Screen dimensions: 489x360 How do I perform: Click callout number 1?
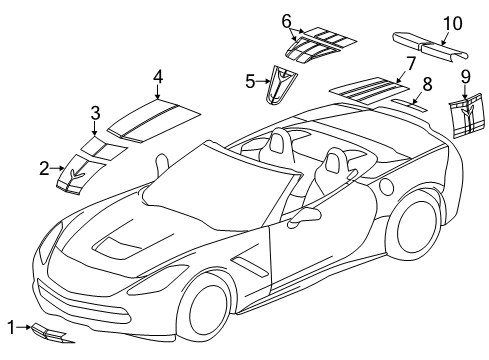click(x=10, y=326)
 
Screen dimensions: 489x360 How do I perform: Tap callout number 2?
click(x=44, y=168)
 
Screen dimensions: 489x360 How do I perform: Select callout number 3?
click(x=95, y=112)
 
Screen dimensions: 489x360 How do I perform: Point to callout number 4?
click(x=158, y=76)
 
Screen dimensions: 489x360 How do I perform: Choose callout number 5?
click(x=250, y=80)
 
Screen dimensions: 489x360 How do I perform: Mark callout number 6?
click(x=286, y=20)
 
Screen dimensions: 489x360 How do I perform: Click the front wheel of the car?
click(x=219, y=314)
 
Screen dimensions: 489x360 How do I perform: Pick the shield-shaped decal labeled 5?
click(x=279, y=86)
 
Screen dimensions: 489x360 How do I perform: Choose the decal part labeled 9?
click(x=466, y=116)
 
